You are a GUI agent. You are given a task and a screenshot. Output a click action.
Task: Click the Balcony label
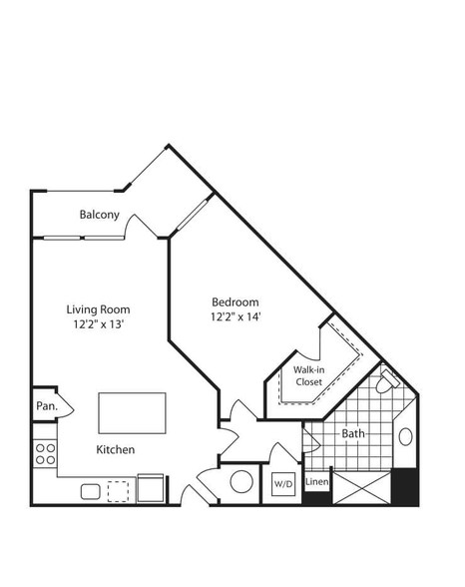tap(99, 215)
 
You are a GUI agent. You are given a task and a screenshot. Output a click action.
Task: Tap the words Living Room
tap(99, 309)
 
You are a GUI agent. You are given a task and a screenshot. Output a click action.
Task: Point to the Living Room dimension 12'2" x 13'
tap(99, 324)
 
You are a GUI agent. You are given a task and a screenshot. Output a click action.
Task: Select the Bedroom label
tap(235, 302)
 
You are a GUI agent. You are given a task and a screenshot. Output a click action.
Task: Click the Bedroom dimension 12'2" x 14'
tap(235, 317)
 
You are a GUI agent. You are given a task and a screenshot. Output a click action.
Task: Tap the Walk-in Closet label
tap(309, 375)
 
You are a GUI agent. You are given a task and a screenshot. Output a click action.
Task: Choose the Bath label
tap(353, 433)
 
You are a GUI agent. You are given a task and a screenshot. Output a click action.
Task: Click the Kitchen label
tap(115, 449)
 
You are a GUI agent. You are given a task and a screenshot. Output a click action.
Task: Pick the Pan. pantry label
tap(47, 405)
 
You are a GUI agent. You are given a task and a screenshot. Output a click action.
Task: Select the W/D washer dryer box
tap(283, 483)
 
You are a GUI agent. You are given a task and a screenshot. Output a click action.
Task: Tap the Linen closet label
tap(317, 481)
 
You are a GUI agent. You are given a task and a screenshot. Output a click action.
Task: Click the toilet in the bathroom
tap(386, 381)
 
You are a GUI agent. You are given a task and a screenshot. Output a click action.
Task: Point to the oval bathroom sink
tap(405, 437)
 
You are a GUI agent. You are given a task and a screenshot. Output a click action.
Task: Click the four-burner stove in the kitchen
tap(45, 454)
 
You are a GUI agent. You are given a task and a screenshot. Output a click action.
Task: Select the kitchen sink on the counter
tap(91, 491)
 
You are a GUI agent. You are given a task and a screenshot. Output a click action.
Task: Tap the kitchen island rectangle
tap(132, 413)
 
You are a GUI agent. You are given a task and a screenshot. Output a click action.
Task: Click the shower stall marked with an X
tap(362, 488)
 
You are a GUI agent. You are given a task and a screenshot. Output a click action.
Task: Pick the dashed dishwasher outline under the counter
tap(118, 491)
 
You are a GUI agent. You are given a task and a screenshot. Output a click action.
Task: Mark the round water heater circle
tap(241, 481)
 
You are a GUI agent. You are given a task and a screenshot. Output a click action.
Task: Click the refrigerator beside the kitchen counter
tap(151, 488)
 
